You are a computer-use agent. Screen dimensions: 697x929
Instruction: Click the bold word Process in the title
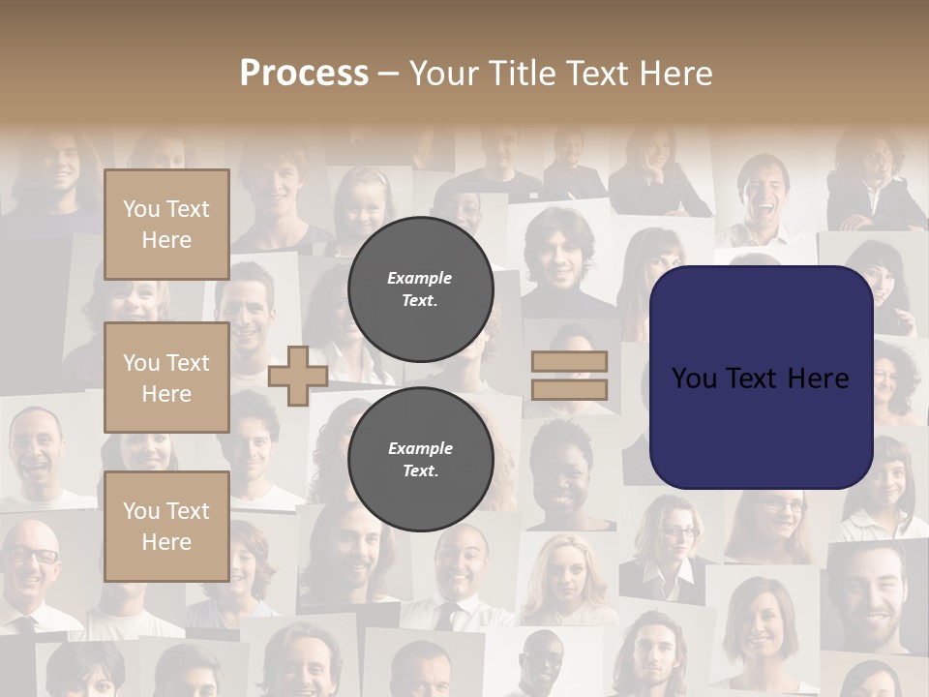304,74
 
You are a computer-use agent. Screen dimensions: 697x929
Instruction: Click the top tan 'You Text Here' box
166,225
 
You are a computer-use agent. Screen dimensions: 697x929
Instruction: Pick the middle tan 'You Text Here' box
166,378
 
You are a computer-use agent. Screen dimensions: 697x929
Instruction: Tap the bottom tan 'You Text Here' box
166,526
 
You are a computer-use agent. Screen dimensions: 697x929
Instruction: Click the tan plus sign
298,376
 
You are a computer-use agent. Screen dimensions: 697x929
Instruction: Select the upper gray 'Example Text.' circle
420,288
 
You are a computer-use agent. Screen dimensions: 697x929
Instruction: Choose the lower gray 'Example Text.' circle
420,459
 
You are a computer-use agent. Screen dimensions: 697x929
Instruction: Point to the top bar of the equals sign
570,361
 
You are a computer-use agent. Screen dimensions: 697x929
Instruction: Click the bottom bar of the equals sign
570,390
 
